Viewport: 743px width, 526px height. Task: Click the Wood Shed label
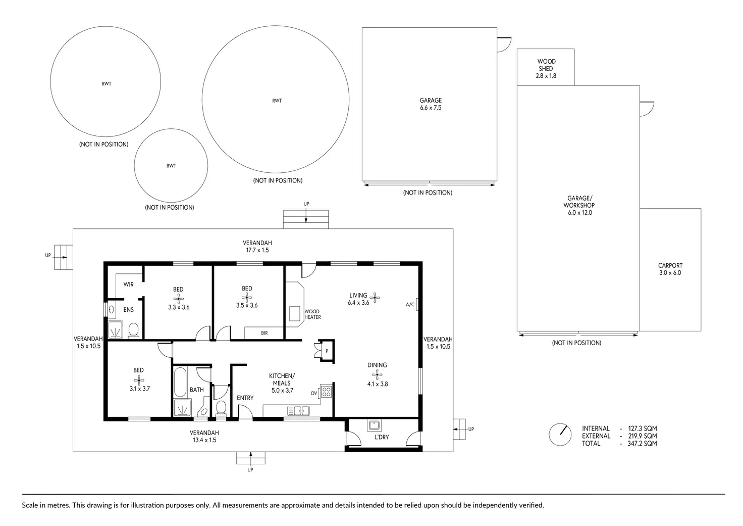tap(546, 65)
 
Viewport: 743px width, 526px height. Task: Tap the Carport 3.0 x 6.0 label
tap(670, 269)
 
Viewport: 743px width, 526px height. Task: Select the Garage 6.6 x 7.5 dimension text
tap(431, 108)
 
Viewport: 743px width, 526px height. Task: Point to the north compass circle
tap(560, 435)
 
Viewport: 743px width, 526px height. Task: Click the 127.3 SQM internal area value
tap(642, 428)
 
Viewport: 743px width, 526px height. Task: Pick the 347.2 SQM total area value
tap(642, 443)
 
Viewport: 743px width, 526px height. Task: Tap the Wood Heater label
tap(312, 314)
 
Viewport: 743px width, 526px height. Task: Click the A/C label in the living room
tap(410, 305)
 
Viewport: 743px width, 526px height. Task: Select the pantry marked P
tap(327, 351)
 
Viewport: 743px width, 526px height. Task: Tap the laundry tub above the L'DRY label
tap(375, 425)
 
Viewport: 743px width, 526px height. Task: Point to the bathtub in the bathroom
tap(180, 382)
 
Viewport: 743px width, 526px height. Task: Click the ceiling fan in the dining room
tap(377, 374)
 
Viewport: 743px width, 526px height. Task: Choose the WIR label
tap(128, 284)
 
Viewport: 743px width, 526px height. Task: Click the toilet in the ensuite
tap(133, 330)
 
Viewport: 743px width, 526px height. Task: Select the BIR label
tap(264, 333)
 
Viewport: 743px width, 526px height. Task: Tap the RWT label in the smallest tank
tap(171, 166)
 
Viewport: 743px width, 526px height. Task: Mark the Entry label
tap(245, 398)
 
